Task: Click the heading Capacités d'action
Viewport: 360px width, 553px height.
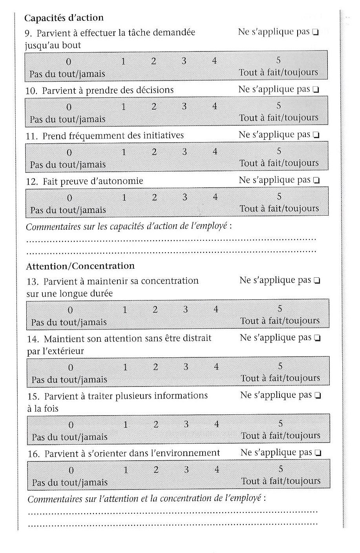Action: (x=64, y=18)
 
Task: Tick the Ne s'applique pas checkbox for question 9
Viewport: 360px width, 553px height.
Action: (x=315, y=33)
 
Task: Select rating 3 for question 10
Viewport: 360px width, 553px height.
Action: (x=184, y=106)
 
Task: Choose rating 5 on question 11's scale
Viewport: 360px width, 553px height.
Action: (x=279, y=151)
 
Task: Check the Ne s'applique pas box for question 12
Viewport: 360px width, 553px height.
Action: (x=316, y=181)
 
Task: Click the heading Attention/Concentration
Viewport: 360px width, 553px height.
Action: (x=80, y=266)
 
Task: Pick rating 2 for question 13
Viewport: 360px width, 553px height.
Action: (x=155, y=310)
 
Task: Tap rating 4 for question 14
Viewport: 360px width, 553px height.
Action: (x=216, y=367)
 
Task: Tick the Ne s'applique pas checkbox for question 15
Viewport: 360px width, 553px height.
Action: (x=318, y=396)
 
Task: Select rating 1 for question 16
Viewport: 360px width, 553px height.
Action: (x=126, y=470)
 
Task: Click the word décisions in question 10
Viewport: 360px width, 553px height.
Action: (x=155, y=90)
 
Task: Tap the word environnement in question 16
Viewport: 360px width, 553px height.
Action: (x=185, y=453)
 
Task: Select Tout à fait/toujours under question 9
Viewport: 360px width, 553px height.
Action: (x=278, y=73)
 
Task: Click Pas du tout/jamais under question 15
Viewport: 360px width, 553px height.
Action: (x=69, y=437)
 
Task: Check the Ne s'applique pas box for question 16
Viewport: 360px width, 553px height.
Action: (x=318, y=453)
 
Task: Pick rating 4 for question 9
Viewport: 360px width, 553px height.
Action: (x=214, y=61)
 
